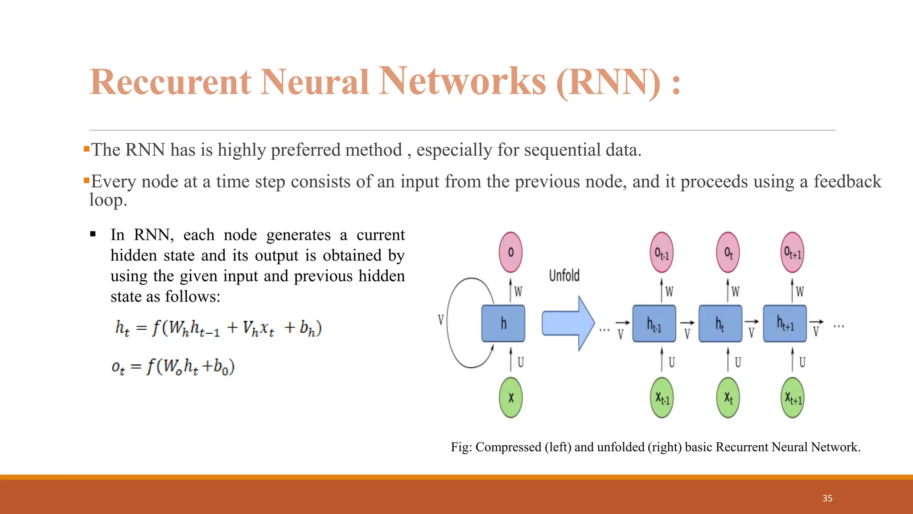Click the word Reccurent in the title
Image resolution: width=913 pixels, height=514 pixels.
pyautogui.click(x=170, y=82)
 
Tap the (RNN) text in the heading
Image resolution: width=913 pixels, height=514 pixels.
pyautogui.click(x=609, y=82)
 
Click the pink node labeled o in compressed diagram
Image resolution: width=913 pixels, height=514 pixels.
pyautogui.click(x=510, y=252)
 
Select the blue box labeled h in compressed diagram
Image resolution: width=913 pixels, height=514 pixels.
pyautogui.click(x=503, y=323)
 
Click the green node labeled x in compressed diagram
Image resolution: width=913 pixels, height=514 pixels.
pyautogui.click(x=511, y=397)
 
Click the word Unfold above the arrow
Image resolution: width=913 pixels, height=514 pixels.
pyautogui.click(x=564, y=276)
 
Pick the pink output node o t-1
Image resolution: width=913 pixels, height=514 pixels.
pyautogui.click(x=661, y=253)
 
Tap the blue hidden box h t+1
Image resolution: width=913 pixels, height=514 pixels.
pyautogui.click(x=785, y=323)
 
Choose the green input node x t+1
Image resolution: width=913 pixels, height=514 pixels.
pyautogui.click(x=793, y=398)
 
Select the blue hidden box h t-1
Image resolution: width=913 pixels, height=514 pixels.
pyautogui.click(x=654, y=323)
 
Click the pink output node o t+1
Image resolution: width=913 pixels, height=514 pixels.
pyautogui.click(x=792, y=253)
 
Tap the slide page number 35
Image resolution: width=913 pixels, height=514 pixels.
pyautogui.click(x=827, y=498)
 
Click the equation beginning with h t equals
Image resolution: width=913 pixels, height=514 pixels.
pyautogui.click(x=218, y=328)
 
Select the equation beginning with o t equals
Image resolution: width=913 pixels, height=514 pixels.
pyautogui.click(x=173, y=367)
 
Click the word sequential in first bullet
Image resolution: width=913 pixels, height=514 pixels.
pyautogui.click(x=563, y=150)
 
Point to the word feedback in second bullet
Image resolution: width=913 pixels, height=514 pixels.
pyautogui.click(x=847, y=182)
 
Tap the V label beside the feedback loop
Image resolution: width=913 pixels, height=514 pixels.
pyautogui.click(x=440, y=319)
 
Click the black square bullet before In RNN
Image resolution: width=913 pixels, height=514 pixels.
pyautogui.click(x=93, y=234)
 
